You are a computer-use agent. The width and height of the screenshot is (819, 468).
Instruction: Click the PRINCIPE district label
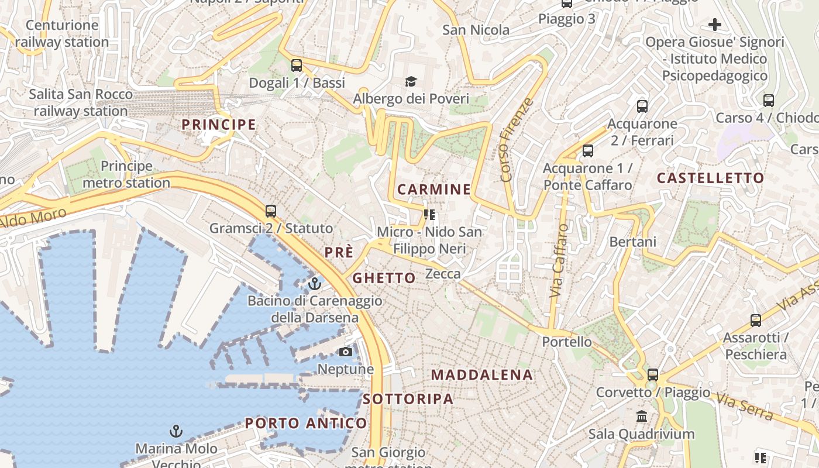[219, 125]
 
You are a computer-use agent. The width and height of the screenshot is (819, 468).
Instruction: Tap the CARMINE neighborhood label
[434, 189]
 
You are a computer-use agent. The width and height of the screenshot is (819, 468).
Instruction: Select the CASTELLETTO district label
[710, 178]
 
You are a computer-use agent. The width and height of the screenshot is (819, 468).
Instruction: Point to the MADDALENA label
[482, 375]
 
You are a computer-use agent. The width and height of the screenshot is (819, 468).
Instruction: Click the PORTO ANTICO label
[306, 423]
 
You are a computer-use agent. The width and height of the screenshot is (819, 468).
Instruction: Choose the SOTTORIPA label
[408, 399]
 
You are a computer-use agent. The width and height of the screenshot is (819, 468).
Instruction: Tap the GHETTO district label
[384, 278]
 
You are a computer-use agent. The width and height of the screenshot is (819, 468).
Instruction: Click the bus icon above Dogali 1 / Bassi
[297, 65]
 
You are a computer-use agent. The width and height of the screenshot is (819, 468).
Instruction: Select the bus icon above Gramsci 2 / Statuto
[270, 211]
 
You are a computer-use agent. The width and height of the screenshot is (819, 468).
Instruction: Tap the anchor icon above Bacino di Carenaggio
[315, 284]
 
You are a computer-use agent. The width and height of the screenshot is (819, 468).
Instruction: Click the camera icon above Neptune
[346, 352]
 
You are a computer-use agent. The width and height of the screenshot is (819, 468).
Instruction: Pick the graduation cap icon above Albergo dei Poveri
[411, 81]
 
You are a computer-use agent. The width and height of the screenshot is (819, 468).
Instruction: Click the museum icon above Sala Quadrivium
[642, 417]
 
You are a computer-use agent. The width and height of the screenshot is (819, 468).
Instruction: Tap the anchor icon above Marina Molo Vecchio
[175, 432]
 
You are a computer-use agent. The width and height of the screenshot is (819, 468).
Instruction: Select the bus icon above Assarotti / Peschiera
[756, 320]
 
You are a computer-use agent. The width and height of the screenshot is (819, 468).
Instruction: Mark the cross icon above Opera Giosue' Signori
[714, 25]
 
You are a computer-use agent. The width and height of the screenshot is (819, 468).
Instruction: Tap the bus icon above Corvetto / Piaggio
[653, 374]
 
